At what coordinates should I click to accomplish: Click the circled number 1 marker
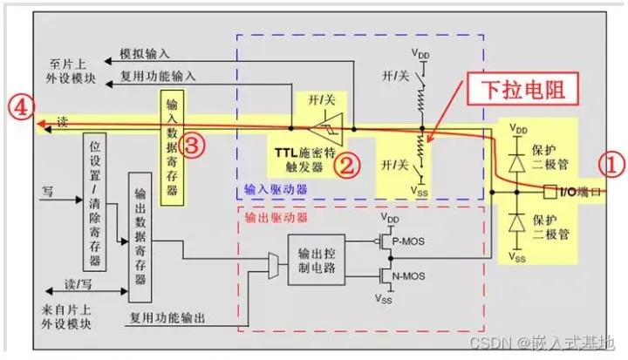coord(611,165)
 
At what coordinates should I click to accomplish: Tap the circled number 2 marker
coord(347,165)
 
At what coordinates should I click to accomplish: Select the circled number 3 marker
coord(191,145)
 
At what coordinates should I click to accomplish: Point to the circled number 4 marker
coord(21,106)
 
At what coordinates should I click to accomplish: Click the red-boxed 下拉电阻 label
coord(523,89)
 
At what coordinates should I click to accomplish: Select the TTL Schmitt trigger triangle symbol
coord(327,129)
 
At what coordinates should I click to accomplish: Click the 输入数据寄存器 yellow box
coord(172,148)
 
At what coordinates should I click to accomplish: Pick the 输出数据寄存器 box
coord(140,237)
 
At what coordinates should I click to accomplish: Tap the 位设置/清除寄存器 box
coord(94,202)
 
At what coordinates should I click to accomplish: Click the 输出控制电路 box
coord(317,260)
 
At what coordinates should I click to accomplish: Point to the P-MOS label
coord(408,241)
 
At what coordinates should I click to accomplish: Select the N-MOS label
coord(408,276)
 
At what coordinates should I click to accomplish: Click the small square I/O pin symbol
coord(549,192)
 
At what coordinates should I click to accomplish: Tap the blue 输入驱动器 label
coord(276,189)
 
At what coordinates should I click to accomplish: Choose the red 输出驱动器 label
coord(276,217)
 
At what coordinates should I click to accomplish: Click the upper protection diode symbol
coord(516,163)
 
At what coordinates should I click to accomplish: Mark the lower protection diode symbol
coord(516,222)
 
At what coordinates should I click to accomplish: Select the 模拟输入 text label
coord(145,54)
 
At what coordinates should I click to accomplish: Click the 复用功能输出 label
coord(167,318)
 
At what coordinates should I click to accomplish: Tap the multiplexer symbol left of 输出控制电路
coord(273,266)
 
